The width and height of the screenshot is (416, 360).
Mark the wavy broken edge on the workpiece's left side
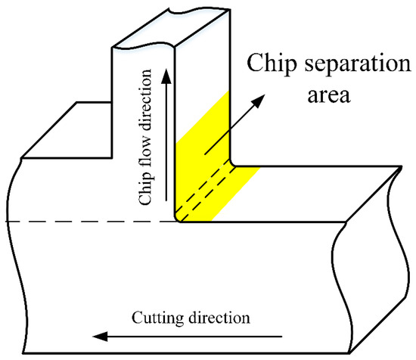20,250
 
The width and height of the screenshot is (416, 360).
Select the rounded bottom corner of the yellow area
180,218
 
